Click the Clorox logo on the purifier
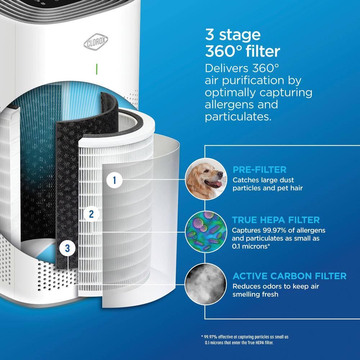[96, 42]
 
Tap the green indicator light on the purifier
[96, 69]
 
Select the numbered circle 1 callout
[114, 180]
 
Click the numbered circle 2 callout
[91, 214]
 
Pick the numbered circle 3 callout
[67, 248]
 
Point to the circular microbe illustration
[206, 232]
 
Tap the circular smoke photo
[206, 284]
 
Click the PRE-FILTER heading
[260, 170]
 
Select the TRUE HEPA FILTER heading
[276, 220]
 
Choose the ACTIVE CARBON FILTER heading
[289, 276]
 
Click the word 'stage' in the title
[240, 35]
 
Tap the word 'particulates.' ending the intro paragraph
[238, 117]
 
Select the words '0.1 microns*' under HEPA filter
[251, 246]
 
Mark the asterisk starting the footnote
[202, 336]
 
